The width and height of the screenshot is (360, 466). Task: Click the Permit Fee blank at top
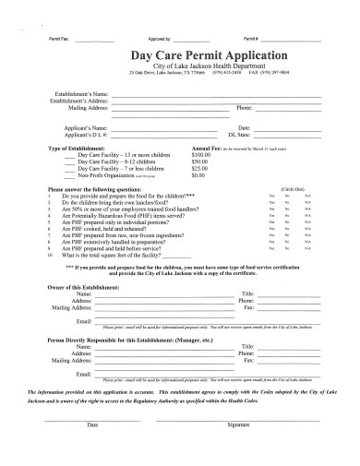[x=94, y=39]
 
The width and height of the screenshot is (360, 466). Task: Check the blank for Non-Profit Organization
[x=70, y=174]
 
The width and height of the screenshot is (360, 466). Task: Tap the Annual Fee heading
[x=205, y=148]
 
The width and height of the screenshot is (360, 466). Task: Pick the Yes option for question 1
[x=271, y=196]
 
